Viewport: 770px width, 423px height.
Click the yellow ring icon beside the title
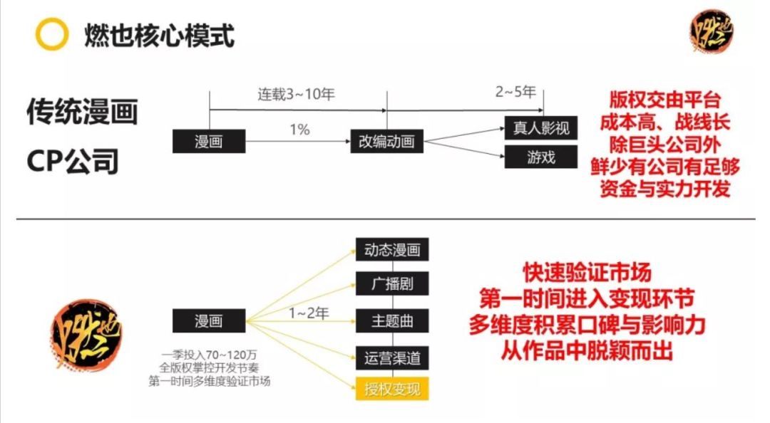click(52, 34)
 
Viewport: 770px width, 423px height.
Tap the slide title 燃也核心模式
click(159, 34)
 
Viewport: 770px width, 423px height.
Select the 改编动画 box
click(386, 141)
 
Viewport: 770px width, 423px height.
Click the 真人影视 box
click(540, 128)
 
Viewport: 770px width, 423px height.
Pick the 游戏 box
click(540, 157)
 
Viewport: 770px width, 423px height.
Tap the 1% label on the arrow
click(299, 129)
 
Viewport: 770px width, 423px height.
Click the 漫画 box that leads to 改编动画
click(208, 141)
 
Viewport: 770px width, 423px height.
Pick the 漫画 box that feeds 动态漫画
click(208, 320)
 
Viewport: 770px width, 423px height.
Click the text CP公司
click(73, 162)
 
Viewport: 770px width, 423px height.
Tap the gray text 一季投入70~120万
click(209, 354)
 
